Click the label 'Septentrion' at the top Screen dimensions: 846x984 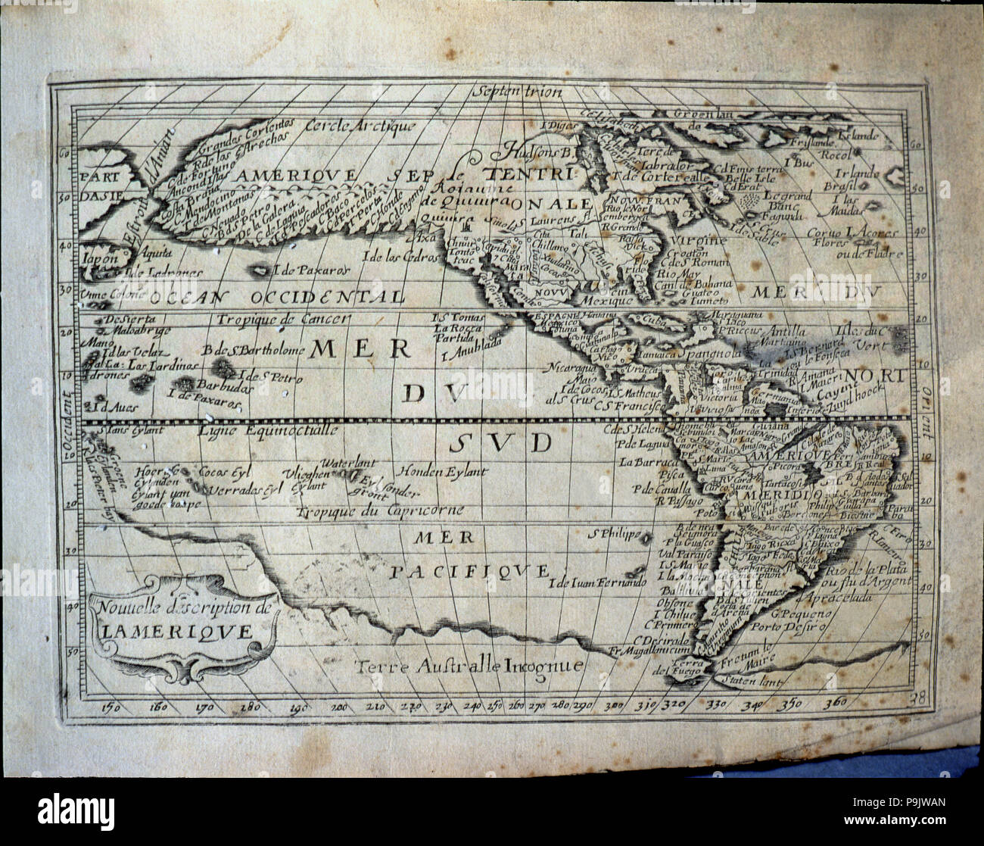pyautogui.click(x=517, y=93)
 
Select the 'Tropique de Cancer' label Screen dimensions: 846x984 pyautogui.click(x=283, y=320)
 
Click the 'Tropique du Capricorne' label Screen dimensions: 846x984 pyautogui.click(x=380, y=511)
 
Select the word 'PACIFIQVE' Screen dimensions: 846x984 pyautogui.click(x=469, y=570)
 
